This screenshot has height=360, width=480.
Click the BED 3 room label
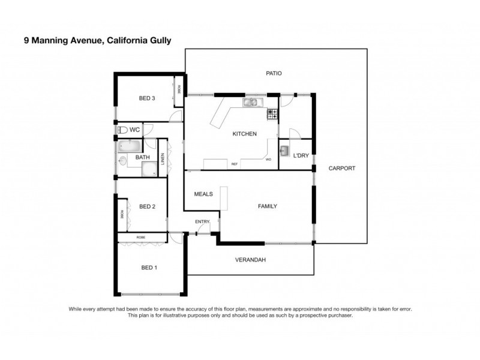tap(148, 98)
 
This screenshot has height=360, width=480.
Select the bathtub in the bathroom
tap(128, 146)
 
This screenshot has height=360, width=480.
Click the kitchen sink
tap(250, 103)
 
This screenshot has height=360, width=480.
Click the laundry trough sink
tap(285, 150)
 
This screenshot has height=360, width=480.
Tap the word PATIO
tap(274, 73)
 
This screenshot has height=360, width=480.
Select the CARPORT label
tap(342, 168)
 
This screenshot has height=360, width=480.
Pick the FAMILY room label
tap(267, 206)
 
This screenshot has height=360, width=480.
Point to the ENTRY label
tap(202, 222)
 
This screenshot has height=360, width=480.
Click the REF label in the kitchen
tap(235, 164)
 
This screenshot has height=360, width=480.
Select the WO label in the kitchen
tap(268, 160)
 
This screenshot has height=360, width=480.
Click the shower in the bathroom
tap(149, 169)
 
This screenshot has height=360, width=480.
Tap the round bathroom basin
tap(123, 161)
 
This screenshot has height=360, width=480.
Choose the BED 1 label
tap(149, 268)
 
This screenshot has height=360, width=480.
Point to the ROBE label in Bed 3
tap(179, 89)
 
